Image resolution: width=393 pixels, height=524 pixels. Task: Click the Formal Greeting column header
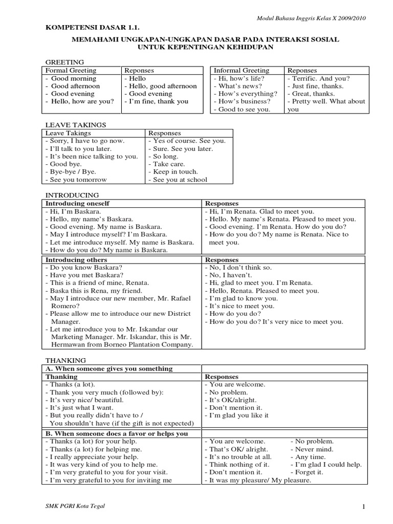[x=71, y=70]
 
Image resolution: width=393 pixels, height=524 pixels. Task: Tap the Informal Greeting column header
[x=241, y=70]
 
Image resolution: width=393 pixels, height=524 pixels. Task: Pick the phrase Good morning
[x=73, y=78]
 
